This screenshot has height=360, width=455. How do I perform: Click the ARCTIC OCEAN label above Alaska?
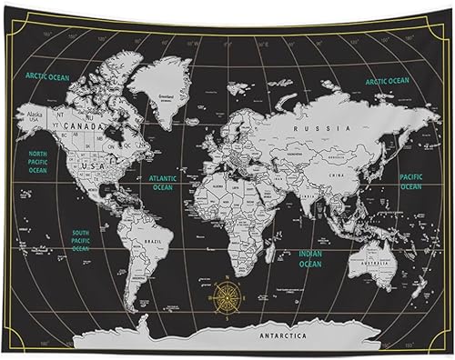click(x=47, y=76)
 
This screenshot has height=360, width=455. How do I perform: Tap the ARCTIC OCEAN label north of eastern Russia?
click(x=389, y=81)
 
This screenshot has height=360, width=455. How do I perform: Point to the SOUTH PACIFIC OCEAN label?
click(x=81, y=240)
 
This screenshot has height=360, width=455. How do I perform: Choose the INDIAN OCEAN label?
click(x=310, y=259)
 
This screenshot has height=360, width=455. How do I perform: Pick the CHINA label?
click(x=337, y=172)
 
